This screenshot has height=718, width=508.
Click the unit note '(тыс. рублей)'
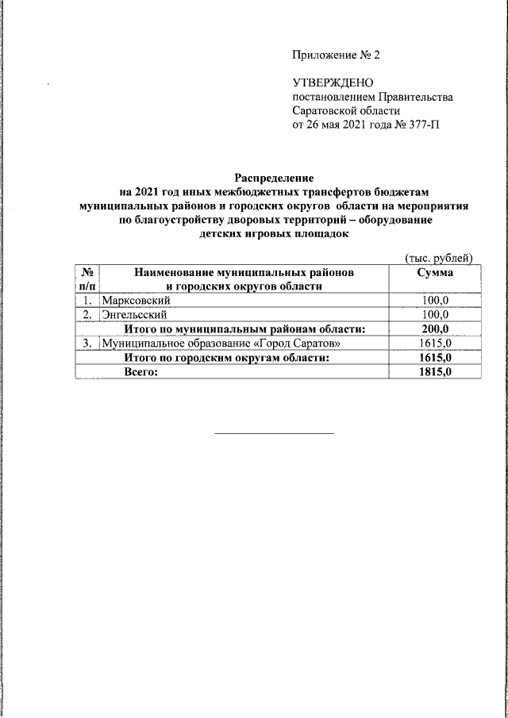pos(439,257)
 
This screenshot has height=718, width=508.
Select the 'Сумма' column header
pos(435,272)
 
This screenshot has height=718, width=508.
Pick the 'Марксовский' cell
pos(136,301)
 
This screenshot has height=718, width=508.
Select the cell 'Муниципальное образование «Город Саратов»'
pos(225,344)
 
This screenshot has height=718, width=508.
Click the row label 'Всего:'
pos(141,372)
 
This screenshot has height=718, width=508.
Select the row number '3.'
pos(86,344)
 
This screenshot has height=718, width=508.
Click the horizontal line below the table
pos(275,433)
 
